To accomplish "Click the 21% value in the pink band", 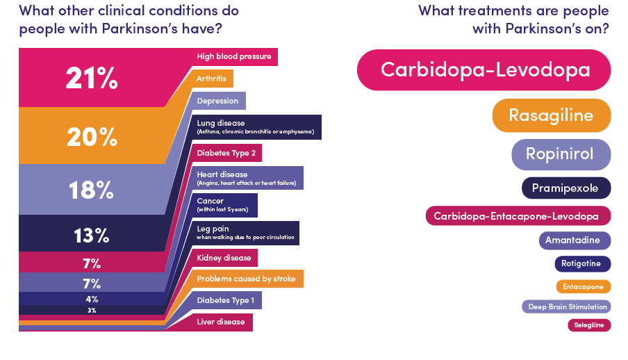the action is coord(92,78).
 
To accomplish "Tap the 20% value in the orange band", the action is coord(92,137).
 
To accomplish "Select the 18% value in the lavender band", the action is coord(91,190).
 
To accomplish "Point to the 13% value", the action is coord(91,236).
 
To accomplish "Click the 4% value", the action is coord(92,299).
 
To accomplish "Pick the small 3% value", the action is coord(92,310).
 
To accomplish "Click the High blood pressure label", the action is coord(234,56).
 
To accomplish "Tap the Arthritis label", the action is coord(211,79).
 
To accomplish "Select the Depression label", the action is coord(217,101).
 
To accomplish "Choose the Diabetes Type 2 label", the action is coord(226,153).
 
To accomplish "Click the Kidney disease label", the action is coord(224,258).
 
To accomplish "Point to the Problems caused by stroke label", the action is coord(247,279).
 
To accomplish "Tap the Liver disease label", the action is coord(221,322).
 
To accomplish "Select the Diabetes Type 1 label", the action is coord(226,300).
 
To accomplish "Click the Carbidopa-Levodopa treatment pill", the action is coord(484,69).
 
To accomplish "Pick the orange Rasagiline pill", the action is coord(552,115).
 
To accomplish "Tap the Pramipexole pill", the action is coord(566,188).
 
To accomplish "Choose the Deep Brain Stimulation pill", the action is coord(566,306).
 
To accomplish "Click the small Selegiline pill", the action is coord(589,325).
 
